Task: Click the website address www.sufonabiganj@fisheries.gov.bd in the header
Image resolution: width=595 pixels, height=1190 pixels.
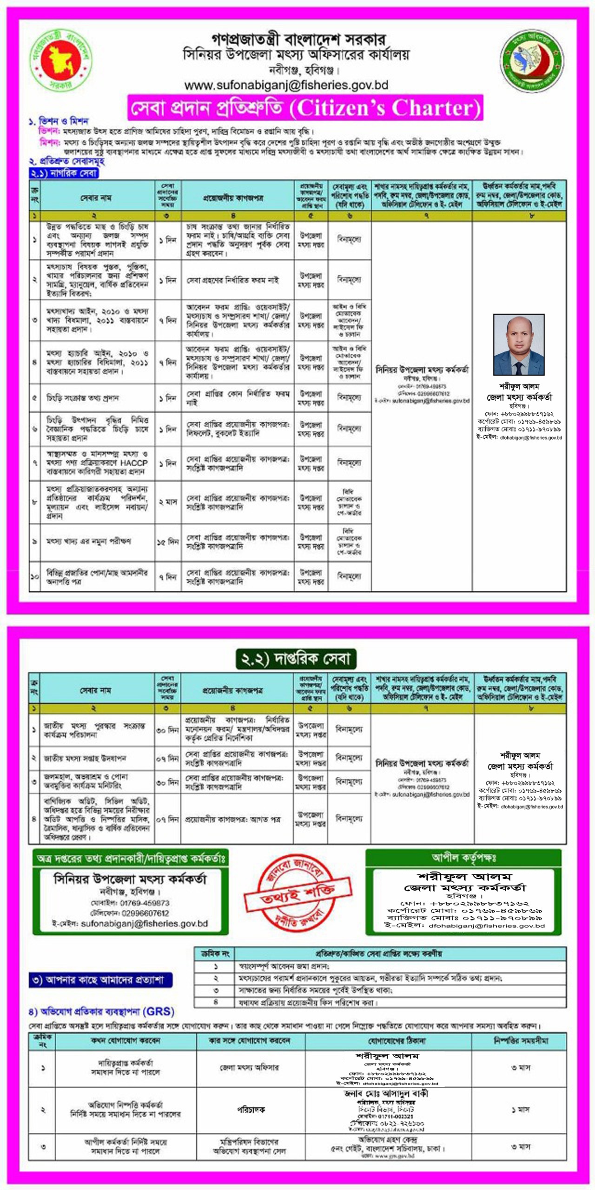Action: point(286,86)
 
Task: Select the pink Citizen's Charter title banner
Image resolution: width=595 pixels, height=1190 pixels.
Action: point(305,108)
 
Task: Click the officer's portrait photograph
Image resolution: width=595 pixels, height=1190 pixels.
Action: point(519,345)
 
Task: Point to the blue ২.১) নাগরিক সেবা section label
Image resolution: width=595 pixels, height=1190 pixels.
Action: point(64,173)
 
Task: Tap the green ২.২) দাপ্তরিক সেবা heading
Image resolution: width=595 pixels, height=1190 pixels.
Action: point(296,659)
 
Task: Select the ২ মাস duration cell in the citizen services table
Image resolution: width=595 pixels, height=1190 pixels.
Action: point(168,502)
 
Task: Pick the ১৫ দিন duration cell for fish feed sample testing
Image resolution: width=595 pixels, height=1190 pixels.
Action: point(168,542)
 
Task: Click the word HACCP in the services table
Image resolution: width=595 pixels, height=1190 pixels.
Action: point(133,463)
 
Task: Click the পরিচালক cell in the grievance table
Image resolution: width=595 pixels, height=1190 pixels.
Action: point(251,1110)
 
